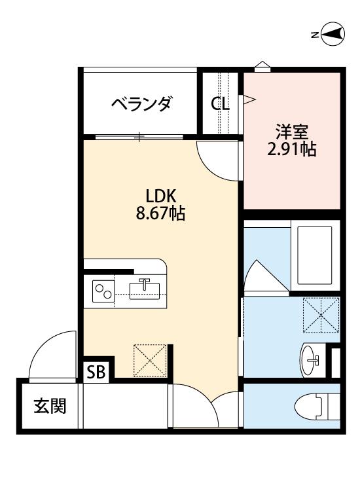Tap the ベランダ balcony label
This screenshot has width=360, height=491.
[x=141, y=104]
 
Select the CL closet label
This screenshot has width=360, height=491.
[x=220, y=103]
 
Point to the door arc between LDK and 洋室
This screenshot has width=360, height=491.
[x=216, y=160]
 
